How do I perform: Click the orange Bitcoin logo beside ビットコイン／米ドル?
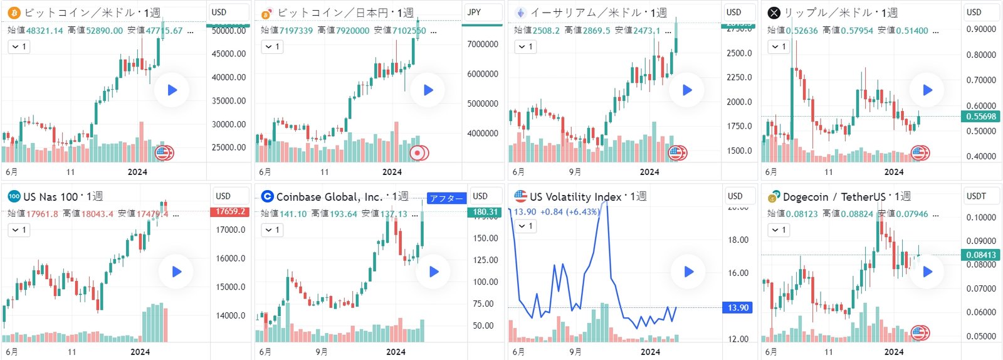(14, 13)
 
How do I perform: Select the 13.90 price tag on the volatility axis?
(738, 307)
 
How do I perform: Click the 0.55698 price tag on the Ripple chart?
(980, 116)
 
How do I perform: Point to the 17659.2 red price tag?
(231, 211)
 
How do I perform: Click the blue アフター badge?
(446, 198)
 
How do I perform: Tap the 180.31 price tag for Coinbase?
(485, 212)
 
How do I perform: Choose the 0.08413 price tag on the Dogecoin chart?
(980, 255)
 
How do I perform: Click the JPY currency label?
(475, 12)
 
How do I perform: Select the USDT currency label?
(976, 196)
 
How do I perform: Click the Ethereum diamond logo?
(520, 13)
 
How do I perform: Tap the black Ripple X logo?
(774, 13)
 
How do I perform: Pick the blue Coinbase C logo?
(268, 196)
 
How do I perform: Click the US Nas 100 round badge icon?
(14, 196)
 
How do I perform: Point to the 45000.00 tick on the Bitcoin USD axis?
(229, 54)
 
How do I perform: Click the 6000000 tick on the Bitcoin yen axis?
(482, 74)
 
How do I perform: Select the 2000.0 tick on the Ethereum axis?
(738, 102)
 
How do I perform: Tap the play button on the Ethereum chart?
(687, 90)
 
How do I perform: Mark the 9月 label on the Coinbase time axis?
(322, 352)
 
